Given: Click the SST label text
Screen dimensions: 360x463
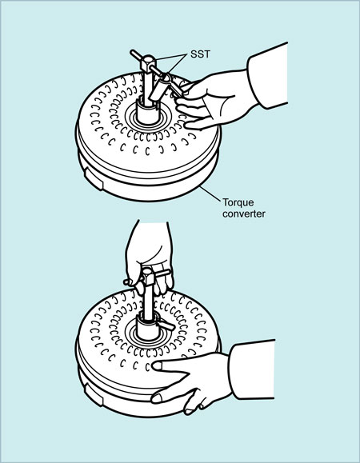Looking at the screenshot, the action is [200, 54].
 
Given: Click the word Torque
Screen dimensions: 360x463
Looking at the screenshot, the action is [238, 203].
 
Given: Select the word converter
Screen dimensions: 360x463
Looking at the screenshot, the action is [244, 214].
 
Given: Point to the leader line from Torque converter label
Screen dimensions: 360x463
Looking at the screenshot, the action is [210, 194].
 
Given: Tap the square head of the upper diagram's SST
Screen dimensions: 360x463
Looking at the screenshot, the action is [148, 63].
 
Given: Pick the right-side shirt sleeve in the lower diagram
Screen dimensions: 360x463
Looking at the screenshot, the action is [253, 369].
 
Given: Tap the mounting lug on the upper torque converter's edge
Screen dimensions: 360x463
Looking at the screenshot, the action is [94, 178].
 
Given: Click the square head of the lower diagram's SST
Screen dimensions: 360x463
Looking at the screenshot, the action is [148, 276].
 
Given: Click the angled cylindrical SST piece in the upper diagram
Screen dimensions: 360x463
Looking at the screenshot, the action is [159, 88].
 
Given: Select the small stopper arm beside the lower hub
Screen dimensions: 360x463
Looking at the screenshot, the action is [166, 325].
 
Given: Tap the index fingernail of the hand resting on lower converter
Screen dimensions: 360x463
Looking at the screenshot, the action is [157, 366].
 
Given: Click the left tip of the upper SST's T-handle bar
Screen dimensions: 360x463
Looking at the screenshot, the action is [132, 52].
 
